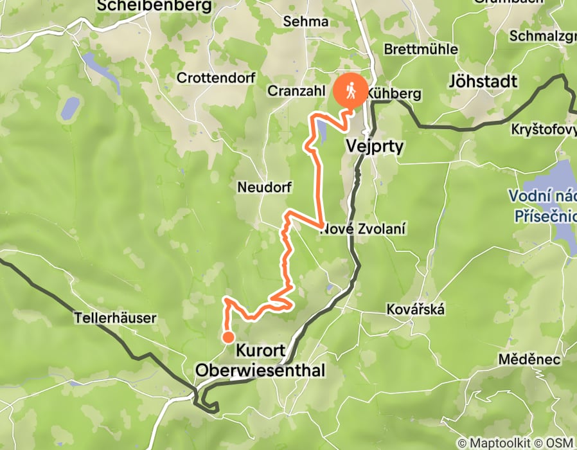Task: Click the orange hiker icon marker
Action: click(x=351, y=91)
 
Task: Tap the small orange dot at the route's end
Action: click(x=227, y=337)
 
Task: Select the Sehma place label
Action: click(x=305, y=21)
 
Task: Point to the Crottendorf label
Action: click(x=216, y=78)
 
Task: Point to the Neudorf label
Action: click(x=265, y=188)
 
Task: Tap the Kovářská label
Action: click(x=416, y=309)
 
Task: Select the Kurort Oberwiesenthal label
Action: click(x=260, y=361)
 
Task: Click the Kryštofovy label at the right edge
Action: click(x=544, y=129)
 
